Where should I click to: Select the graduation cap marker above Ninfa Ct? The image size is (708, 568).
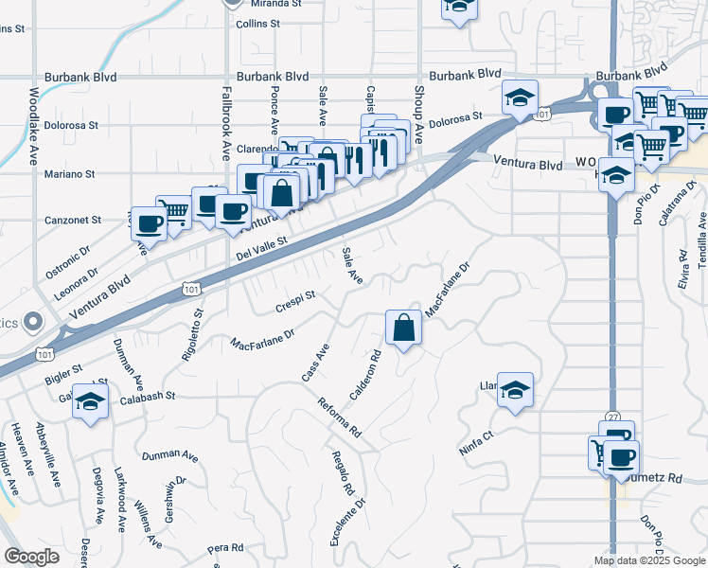coord(515,389)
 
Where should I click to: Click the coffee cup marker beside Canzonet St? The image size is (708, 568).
coord(150,222)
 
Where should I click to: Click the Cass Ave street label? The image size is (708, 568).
coord(314,363)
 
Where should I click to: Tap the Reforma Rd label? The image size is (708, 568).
coord(341,417)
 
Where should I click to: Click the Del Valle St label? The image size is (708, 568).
coord(261,250)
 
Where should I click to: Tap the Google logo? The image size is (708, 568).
coord(32,558)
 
